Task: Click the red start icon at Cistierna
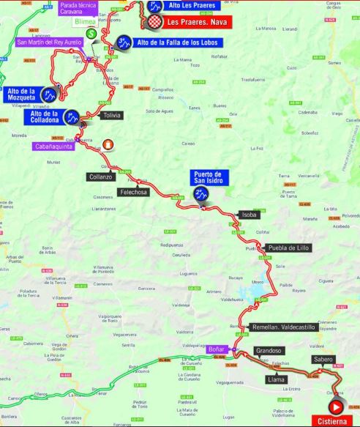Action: [x=336, y=406]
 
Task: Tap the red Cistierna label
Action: [x=335, y=421]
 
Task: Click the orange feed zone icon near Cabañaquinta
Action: [x=108, y=144]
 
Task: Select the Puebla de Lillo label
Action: [x=288, y=248]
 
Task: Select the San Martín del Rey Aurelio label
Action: [x=50, y=42]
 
